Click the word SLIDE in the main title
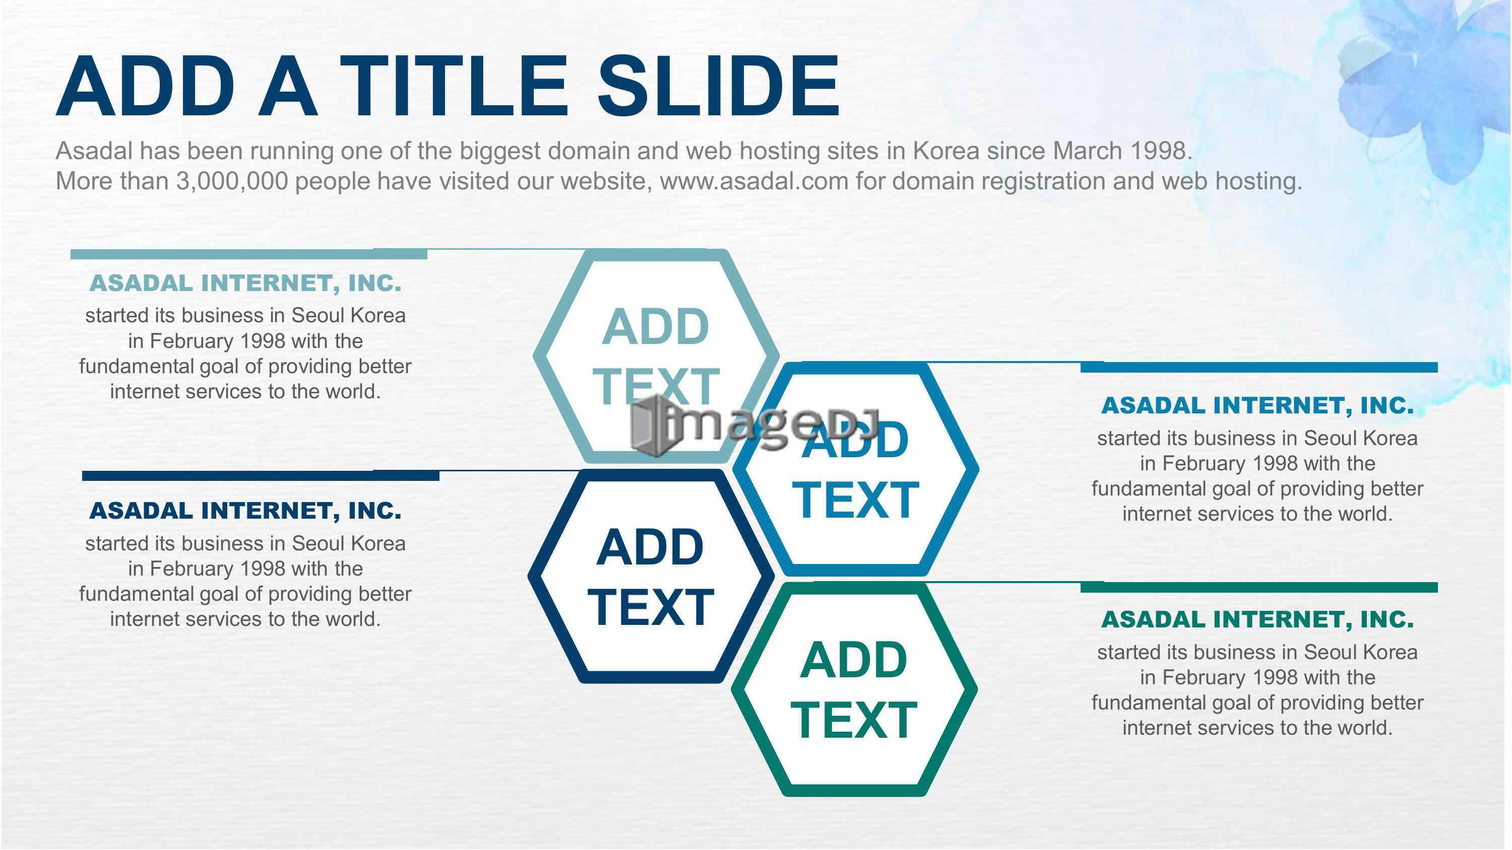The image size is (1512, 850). point(718,86)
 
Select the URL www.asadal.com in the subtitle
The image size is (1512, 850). point(754,181)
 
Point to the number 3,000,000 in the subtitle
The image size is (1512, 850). point(232,181)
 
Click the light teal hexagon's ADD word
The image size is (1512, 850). point(656,327)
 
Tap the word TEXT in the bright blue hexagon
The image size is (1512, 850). point(855,500)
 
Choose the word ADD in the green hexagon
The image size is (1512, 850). point(853,660)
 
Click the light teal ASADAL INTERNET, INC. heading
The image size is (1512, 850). point(245,284)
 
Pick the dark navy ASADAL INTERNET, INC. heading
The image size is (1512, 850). point(245,511)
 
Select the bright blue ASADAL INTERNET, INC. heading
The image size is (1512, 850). point(1257,406)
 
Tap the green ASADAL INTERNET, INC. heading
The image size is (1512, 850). point(1257,619)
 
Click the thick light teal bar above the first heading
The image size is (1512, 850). point(249,254)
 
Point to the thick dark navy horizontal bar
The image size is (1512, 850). point(261,476)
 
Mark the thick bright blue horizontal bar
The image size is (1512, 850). point(1259,367)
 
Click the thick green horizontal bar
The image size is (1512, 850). point(1259,587)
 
